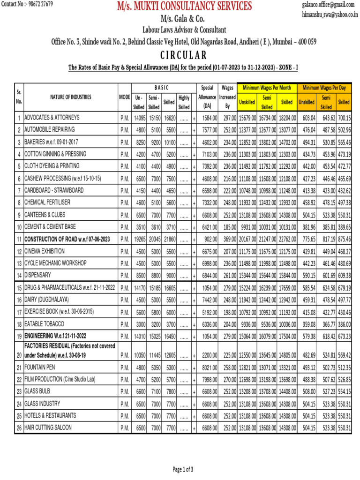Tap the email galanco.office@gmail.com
pyautogui.click(x=328, y=4)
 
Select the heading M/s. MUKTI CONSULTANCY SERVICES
pyautogui.click(x=184, y=6)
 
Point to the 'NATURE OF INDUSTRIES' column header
pyautogui.click(x=71, y=97)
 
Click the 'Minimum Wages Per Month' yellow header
pyautogui.click(x=267, y=88)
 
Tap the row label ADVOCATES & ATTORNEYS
pyautogui.click(x=52, y=118)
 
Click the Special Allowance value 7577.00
pyautogui.click(x=209, y=130)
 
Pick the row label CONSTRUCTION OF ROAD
pyautogui.click(x=67, y=240)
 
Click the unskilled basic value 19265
pyautogui.click(x=139, y=240)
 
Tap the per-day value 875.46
pyautogui.click(x=344, y=240)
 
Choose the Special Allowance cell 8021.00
pyautogui.click(x=209, y=367)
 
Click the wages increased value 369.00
pyautogui.click(x=228, y=240)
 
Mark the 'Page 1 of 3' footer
pyautogui.click(x=183, y=469)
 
